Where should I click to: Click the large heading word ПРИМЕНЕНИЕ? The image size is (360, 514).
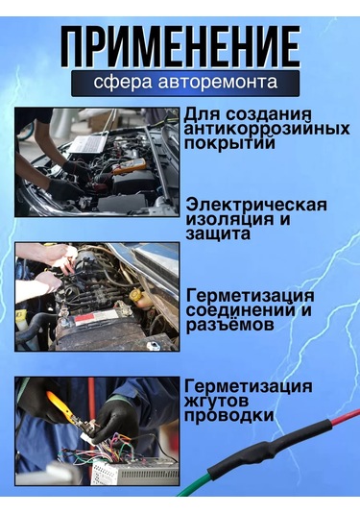[x=179, y=45]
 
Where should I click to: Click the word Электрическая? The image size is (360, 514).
[x=256, y=205]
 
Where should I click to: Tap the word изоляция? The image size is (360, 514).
[x=227, y=219]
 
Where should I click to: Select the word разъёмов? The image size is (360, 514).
[x=230, y=325]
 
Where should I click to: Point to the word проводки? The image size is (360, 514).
[x=229, y=415]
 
